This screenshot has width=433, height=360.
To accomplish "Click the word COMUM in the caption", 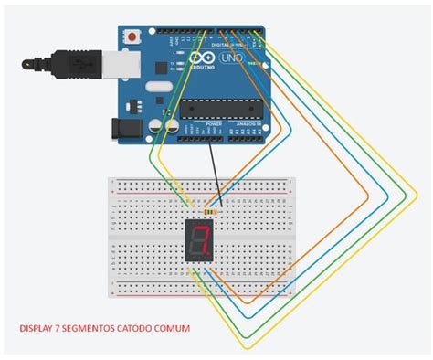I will coord(173,327).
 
